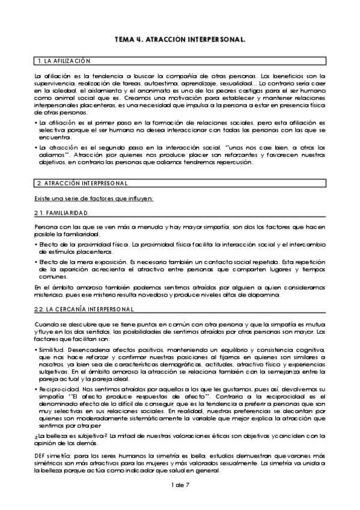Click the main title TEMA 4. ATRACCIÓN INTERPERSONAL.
180,39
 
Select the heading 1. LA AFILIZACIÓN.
64,62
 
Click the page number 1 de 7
180,484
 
